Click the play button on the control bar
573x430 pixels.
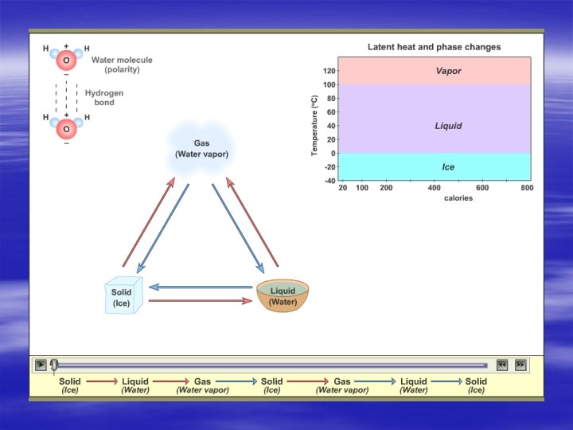(41, 365)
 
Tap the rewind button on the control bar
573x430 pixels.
(502, 365)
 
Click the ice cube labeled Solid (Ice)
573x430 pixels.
(123, 296)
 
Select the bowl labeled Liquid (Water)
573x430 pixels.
(283, 295)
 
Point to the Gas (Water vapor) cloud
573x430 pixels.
(201, 148)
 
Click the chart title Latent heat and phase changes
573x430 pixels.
(434, 47)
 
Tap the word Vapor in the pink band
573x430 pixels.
(448, 71)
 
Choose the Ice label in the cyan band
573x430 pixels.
(448, 167)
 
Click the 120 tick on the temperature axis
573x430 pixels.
(329, 71)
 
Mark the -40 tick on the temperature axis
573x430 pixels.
(328, 181)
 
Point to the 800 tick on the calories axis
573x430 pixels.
(527, 188)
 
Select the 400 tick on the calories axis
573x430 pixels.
(435, 188)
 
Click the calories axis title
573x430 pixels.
(458, 198)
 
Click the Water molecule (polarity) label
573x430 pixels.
(122, 64)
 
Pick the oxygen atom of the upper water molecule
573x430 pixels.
(66, 61)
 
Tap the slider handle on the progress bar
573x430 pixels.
(54, 365)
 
